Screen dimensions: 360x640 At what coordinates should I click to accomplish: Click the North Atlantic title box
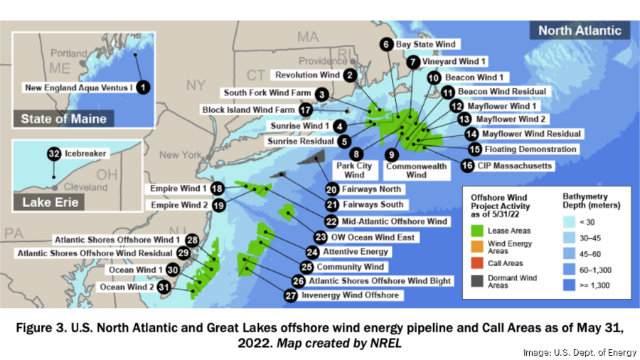[580, 31]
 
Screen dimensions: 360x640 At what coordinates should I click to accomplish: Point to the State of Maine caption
[64, 118]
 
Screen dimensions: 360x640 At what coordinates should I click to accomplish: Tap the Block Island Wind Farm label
[247, 110]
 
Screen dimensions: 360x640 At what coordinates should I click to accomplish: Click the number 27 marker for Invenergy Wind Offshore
[290, 295]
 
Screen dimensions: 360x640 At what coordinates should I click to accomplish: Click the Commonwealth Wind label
[417, 171]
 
